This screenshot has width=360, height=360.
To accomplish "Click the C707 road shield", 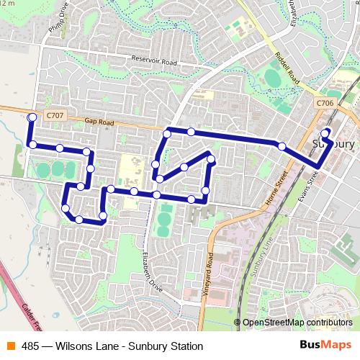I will pos(53,114).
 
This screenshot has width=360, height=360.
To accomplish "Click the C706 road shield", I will pos(325,104).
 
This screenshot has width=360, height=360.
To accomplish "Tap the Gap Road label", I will pos(99,123).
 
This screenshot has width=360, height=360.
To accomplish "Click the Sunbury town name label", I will pos(335,144).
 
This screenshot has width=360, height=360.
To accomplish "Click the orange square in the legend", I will pos(11,346).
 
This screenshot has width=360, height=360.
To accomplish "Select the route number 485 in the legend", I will pos(30,346).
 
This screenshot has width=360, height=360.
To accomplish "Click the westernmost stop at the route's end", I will pos(31,117).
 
